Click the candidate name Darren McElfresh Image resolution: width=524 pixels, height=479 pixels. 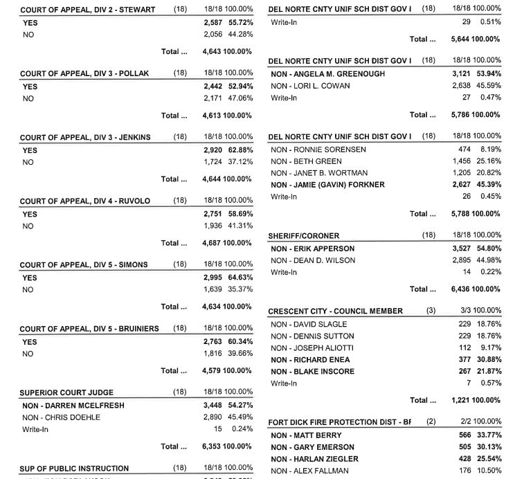(x=64, y=405)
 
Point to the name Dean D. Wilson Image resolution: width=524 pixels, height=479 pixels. (x=313, y=260)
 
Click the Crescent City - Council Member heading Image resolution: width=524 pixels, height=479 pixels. (x=335, y=311)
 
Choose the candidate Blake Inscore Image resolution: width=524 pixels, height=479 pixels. (x=312, y=371)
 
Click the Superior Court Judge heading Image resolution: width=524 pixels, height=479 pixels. (x=66, y=393)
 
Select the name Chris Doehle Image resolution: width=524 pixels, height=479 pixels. (x=61, y=417)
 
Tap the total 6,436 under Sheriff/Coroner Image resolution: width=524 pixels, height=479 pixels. (x=462, y=289)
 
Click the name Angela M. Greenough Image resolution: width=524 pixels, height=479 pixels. (x=327, y=74)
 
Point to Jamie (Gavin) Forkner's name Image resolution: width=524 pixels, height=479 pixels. (x=327, y=185)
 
